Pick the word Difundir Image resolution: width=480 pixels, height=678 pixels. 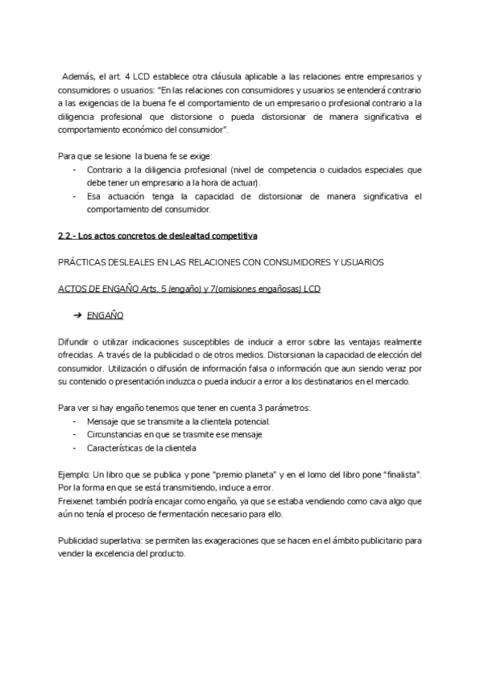74,341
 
